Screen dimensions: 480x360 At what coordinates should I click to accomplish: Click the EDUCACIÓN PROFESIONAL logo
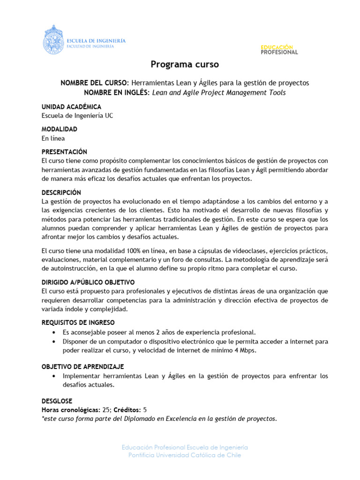coord(279,50)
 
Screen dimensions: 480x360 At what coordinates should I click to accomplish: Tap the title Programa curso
coord(185,64)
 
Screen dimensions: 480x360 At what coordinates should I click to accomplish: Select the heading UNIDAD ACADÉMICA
coord(71,107)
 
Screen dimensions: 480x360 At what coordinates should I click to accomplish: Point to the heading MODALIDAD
coord(60,129)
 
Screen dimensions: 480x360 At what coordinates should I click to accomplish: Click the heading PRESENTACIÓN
coord(65,152)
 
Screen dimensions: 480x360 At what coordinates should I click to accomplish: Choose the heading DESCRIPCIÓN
coord(61,193)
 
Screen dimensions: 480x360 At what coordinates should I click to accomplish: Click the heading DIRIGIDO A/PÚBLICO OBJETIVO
coord(88,282)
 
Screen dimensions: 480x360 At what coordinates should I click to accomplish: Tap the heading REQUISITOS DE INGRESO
coord(78,323)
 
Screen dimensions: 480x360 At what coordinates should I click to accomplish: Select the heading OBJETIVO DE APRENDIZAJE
coord(82,367)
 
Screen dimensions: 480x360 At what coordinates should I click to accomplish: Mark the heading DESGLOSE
coord(57,401)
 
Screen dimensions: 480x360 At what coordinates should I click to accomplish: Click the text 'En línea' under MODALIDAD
coord(53,138)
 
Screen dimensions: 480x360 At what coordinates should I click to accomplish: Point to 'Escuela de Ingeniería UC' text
coord(77,116)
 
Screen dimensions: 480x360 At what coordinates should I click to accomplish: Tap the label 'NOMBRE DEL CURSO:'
coord(95,83)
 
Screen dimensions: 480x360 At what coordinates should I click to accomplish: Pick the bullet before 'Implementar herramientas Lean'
coord(56,376)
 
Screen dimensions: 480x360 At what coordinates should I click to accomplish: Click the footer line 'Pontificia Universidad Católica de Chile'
coord(185,456)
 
